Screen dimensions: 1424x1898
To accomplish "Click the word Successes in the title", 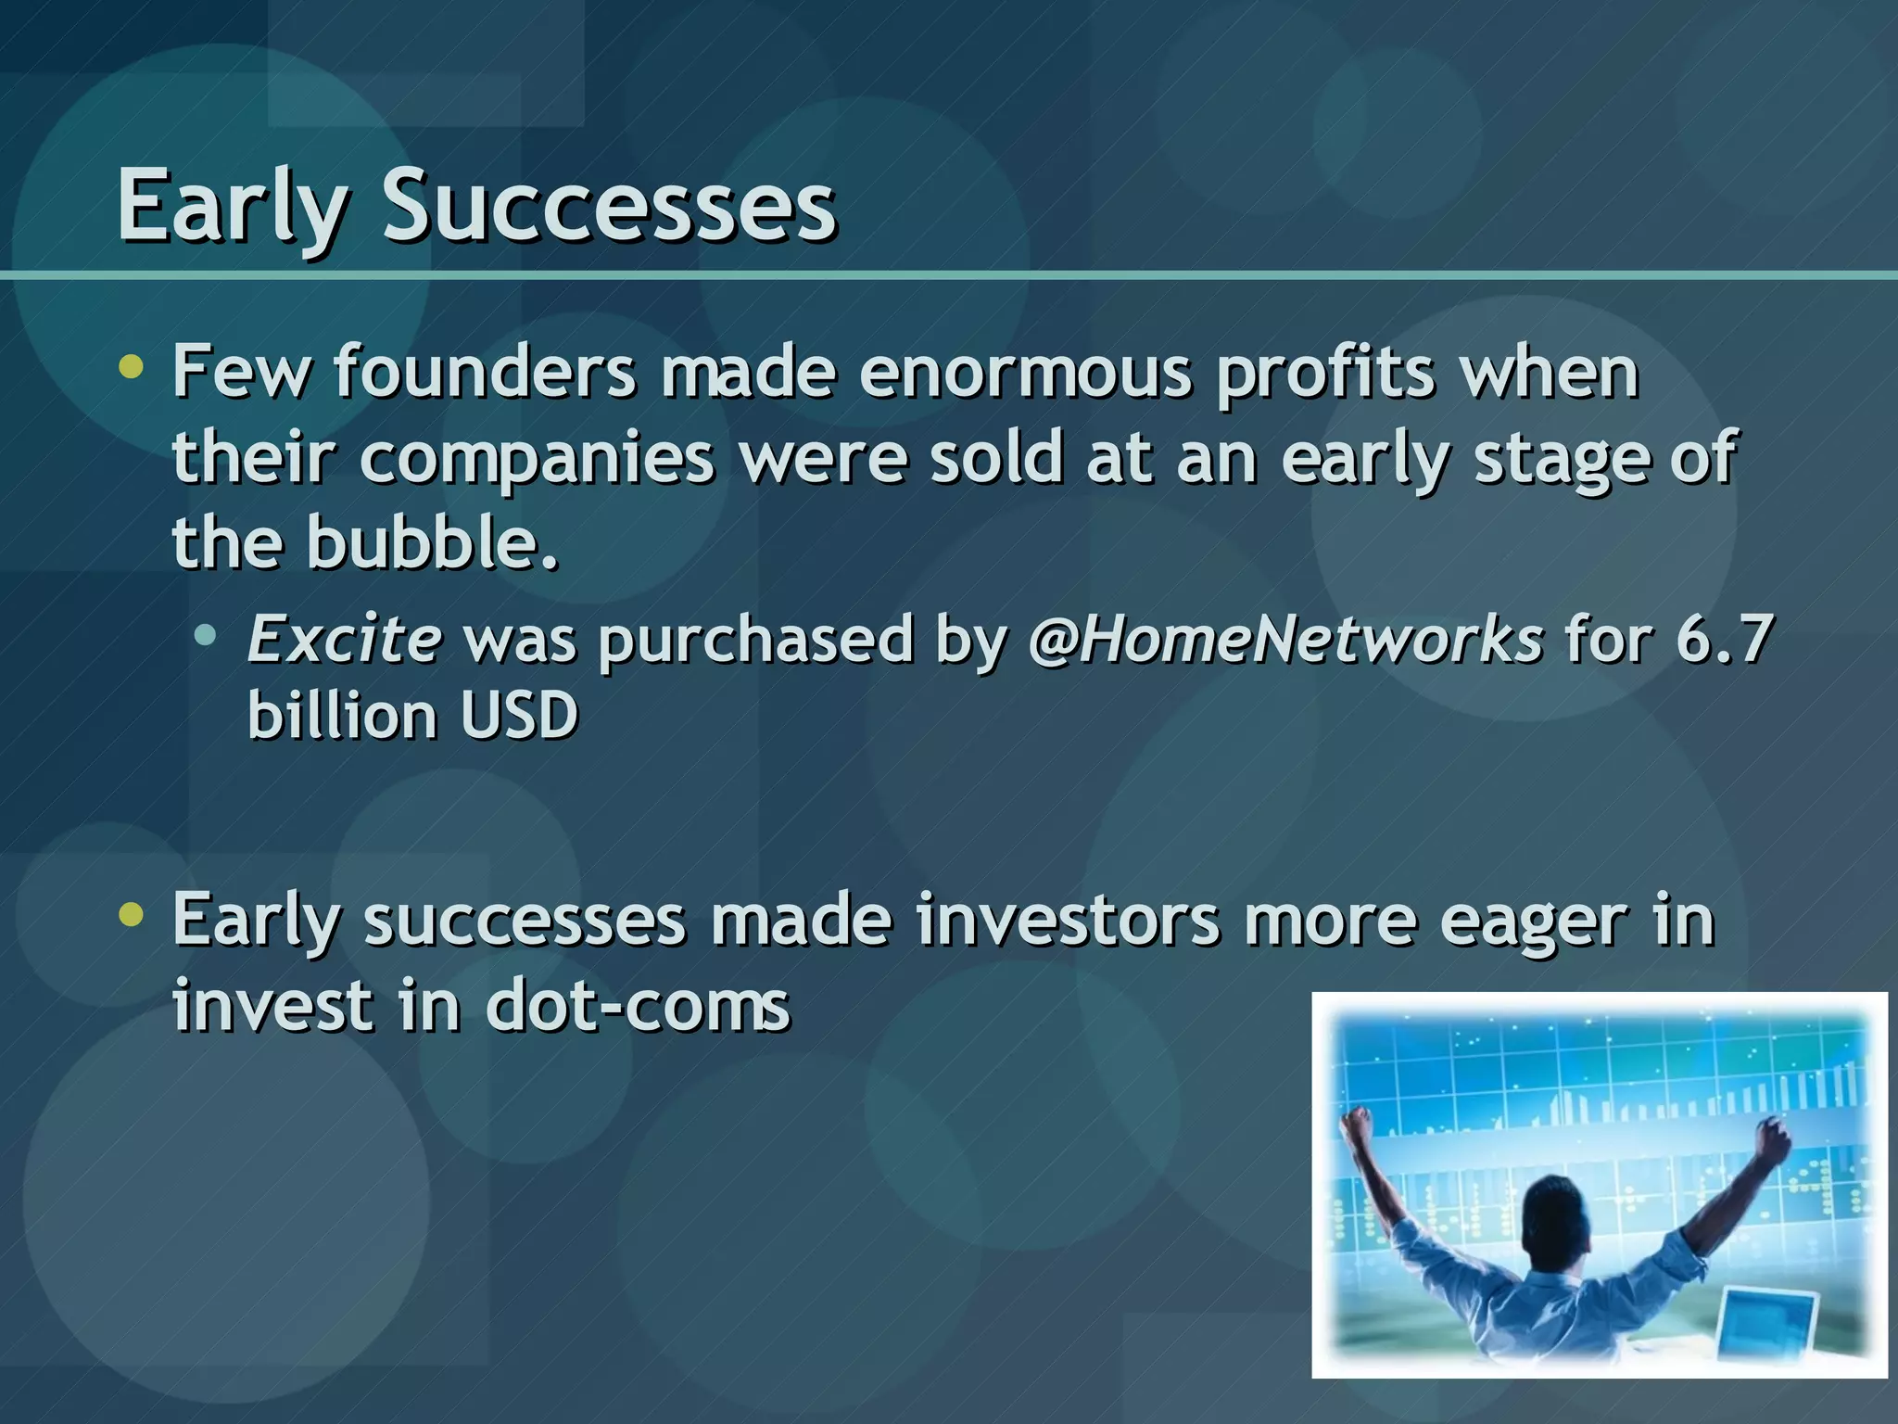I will [x=609, y=206].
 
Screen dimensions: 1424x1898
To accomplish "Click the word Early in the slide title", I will [x=232, y=206].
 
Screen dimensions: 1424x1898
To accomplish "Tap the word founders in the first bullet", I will [x=485, y=372].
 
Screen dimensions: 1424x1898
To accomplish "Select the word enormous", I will [x=1025, y=372].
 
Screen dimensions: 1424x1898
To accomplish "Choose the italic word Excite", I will [x=344, y=640].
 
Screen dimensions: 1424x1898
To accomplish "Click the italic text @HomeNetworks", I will [x=1285, y=640].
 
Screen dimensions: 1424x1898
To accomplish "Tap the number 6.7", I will [x=1724, y=640].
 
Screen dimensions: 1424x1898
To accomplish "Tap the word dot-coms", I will [x=638, y=1006].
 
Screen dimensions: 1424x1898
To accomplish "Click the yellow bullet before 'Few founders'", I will [x=133, y=368].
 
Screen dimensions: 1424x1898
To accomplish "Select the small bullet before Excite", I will [x=206, y=636].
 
